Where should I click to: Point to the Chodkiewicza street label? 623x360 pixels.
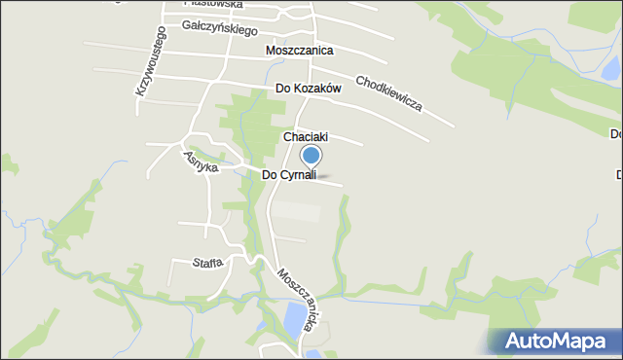388,92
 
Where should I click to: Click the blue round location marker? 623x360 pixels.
311,155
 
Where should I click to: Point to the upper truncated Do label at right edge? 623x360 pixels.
616,133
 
